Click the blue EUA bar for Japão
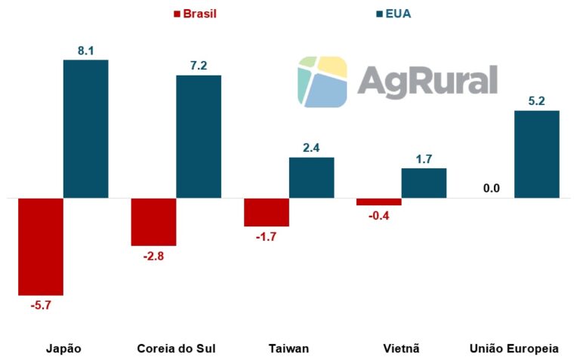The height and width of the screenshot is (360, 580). (85, 128)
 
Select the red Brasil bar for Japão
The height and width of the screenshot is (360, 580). (41, 246)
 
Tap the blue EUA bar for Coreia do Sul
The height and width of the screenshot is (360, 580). (199, 136)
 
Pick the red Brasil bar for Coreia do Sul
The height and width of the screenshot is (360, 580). (153, 222)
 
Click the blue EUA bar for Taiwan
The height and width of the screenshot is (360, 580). (311, 177)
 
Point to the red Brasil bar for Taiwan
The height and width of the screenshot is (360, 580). (267, 212)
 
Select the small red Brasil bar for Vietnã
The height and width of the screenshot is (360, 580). (379, 202)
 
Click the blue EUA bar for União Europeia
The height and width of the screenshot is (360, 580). (537, 154)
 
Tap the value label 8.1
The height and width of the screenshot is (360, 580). (85, 51)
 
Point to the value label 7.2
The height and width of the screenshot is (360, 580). (199, 66)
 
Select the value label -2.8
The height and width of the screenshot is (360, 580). (153, 256)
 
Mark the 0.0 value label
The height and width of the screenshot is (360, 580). (492, 188)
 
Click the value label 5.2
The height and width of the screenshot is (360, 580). (537, 101)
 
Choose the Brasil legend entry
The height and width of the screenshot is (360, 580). (196, 14)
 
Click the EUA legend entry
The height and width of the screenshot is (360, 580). (393, 14)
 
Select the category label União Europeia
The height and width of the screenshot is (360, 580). (514, 349)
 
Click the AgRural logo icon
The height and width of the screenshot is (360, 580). (322, 81)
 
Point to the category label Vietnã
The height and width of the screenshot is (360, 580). (401, 349)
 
